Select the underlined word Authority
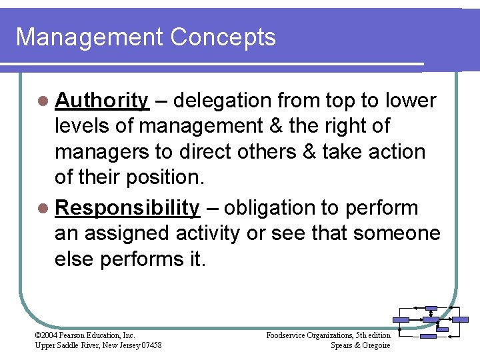[x=102, y=101]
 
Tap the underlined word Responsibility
[x=127, y=208]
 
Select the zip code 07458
[x=150, y=345]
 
